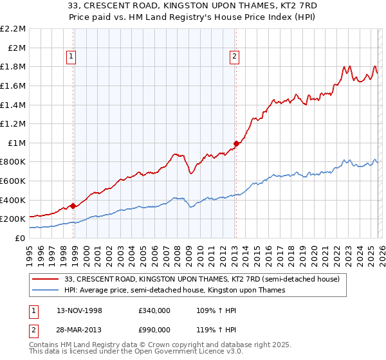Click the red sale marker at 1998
[x=73, y=206]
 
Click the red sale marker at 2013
[x=236, y=144]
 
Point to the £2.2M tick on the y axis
[x=13, y=29]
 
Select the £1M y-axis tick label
[x=17, y=143]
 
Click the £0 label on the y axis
[x=20, y=238]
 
